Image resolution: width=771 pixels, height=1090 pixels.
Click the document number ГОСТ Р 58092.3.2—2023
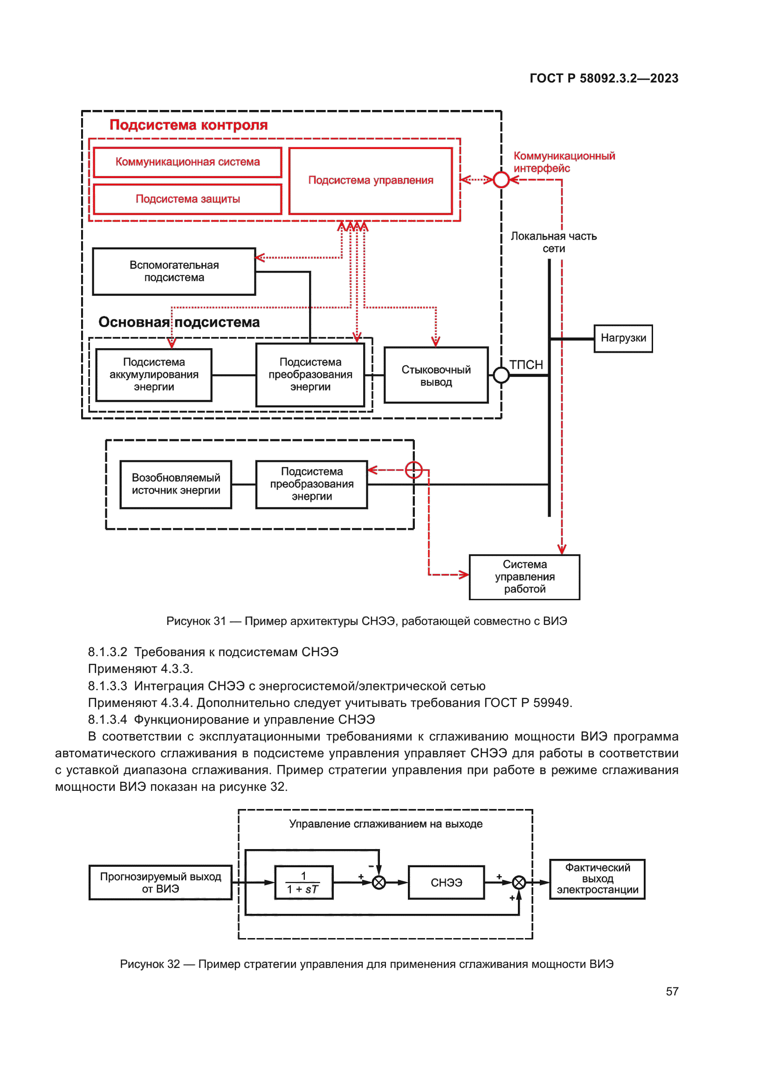(x=603, y=78)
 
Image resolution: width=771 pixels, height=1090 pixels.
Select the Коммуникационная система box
(x=187, y=162)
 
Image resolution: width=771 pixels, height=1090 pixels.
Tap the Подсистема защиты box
(x=187, y=199)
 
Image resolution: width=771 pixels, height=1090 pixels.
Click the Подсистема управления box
(x=370, y=180)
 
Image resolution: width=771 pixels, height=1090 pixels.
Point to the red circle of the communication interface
(x=502, y=180)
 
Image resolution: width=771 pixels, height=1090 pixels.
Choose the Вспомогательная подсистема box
(x=174, y=272)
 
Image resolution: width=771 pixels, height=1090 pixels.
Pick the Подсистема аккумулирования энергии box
(x=154, y=375)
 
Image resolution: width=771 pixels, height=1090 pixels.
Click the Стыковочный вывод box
(x=436, y=376)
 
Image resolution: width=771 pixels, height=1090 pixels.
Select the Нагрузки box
(x=623, y=338)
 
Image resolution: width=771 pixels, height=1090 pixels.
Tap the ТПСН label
(x=526, y=364)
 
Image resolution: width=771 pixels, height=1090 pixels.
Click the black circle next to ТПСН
(x=502, y=375)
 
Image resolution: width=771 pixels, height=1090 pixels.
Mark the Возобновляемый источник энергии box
(x=176, y=484)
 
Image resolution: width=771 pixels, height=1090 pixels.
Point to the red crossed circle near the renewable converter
(x=413, y=470)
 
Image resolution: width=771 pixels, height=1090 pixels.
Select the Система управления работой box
(x=524, y=577)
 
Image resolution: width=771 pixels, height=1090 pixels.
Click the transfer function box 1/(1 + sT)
(x=303, y=883)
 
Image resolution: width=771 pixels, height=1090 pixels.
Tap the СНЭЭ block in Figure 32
(x=446, y=883)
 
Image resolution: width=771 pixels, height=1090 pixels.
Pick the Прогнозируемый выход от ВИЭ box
(x=160, y=883)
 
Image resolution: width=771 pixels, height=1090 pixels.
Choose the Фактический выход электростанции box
(x=597, y=879)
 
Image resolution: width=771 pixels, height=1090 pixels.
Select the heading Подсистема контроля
(x=188, y=125)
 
